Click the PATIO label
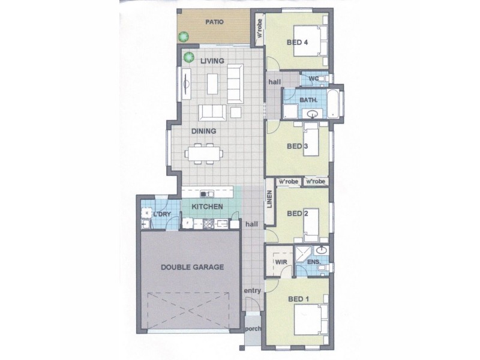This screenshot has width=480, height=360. pyautogui.click(x=214, y=22)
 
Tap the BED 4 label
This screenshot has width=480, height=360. pyautogui.click(x=297, y=43)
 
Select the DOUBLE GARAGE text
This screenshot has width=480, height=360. pyautogui.click(x=192, y=267)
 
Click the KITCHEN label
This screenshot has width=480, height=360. pyautogui.click(x=208, y=207)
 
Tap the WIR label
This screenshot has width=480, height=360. pyautogui.click(x=280, y=262)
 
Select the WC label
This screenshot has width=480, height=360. pyautogui.click(x=313, y=78)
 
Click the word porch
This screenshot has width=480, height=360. pyautogui.click(x=253, y=329)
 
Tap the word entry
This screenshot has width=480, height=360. pyautogui.click(x=252, y=291)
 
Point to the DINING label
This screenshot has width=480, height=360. pyautogui.click(x=204, y=131)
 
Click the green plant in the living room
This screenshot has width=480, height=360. pyautogui.click(x=188, y=57)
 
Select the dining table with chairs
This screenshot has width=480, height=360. pyautogui.click(x=204, y=153)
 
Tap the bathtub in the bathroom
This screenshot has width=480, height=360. pyautogui.click(x=335, y=103)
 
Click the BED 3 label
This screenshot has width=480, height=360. pyautogui.click(x=297, y=146)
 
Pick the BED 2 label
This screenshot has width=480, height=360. pyautogui.click(x=297, y=213)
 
